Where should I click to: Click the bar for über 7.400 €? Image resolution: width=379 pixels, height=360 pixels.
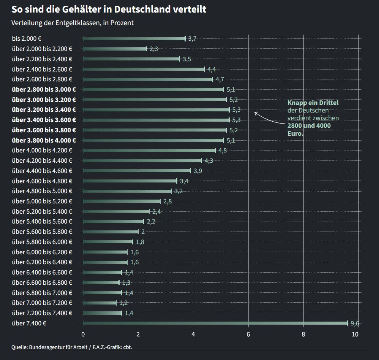click(215, 323)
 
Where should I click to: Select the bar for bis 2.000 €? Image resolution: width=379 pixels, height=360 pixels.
click(134, 38)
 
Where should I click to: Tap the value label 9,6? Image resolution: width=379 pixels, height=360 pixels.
click(355, 324)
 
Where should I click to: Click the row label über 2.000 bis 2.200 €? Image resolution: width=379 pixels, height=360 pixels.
click(42, 49)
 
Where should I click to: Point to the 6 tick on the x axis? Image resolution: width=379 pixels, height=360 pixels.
click(248, 335)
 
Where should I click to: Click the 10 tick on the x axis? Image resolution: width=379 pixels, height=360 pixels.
click(355, 335)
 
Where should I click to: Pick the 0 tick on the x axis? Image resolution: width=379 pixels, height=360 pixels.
click(83, 335)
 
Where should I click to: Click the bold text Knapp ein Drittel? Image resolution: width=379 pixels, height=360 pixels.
click(313, 103)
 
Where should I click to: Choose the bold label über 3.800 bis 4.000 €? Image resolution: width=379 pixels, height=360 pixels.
click(44, 140)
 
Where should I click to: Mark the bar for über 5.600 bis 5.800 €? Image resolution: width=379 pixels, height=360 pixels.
click(111, 232)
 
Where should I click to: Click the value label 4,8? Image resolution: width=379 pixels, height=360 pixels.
click(223, 151)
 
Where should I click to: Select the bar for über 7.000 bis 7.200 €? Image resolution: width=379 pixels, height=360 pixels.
click(99, 303)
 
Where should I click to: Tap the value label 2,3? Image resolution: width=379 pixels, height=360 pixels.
click(154, 49)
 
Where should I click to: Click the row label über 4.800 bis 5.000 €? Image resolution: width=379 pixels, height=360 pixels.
click(42, 191)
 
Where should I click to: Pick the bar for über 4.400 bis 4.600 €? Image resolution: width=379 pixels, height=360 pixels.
click(137, 171)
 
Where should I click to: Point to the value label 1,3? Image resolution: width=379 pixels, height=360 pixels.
click(126, 283)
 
